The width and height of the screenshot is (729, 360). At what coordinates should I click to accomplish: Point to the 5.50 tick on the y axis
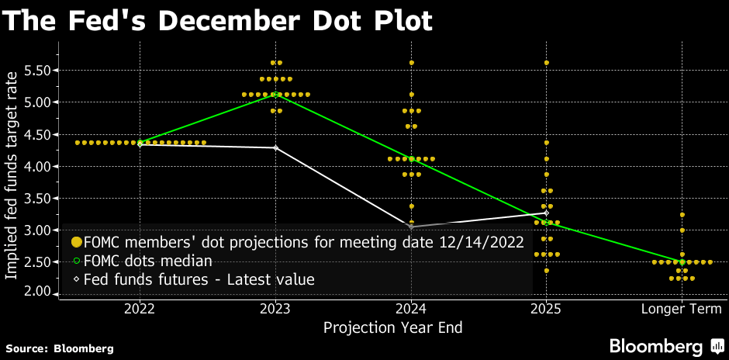click(x=37, y=71)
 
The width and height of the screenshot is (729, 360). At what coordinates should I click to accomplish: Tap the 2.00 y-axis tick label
click(x=37, y=292)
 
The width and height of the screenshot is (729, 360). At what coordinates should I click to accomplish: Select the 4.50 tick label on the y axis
click(x=37, y=135)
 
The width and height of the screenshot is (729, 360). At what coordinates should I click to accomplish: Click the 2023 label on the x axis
click(x=276, y=309)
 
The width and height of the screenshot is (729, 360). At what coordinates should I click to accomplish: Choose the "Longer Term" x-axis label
click(x=682, y=309)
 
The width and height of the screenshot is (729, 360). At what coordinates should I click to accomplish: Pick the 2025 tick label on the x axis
click(x=546, y=309)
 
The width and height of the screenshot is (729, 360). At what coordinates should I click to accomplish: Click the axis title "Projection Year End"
click(x=392, y=327)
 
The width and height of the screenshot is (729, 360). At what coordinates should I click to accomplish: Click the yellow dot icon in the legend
click(x=76, y=242)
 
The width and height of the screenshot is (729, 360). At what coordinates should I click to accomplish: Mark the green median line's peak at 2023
click(x=276, y=94)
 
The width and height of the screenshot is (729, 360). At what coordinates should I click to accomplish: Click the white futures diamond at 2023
click(x=276, y=147)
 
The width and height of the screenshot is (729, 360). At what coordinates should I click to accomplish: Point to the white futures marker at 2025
click(x=547, y=213)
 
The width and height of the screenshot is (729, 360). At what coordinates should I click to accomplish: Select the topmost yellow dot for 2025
click(x=547, y=62)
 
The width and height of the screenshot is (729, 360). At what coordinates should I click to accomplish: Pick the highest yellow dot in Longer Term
click(x=682, y=214)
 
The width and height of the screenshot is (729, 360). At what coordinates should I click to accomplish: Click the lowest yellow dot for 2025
click(x=547, y=270)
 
